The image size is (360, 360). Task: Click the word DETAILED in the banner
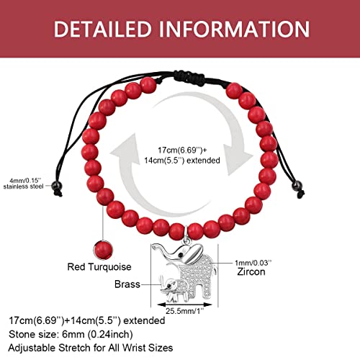(x=103, y=29)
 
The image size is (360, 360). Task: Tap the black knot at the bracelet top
(x=189, y=76)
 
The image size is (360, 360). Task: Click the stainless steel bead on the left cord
(x=57, y=186)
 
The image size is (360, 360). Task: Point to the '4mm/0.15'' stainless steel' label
(x=23, y=184)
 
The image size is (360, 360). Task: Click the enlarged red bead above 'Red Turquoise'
(x=103, y=250)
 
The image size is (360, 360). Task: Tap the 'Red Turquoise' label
(x=99, y=267)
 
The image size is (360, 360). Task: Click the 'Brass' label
(x=127, y=284)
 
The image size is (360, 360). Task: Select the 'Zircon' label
(x=251, y=272)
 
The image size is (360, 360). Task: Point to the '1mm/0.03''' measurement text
(x=253, y=263)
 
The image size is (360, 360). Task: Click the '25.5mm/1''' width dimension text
(x=184, y=311)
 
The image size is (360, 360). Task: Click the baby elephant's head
(x=170, y=285)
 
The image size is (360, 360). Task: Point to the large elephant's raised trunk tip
(x=153, y=246)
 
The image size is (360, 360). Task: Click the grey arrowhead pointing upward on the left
(x=125, y=150)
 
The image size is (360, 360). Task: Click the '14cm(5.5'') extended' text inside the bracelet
(x=182, y=161)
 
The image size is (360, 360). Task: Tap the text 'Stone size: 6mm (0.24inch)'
(x=71, y=334)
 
